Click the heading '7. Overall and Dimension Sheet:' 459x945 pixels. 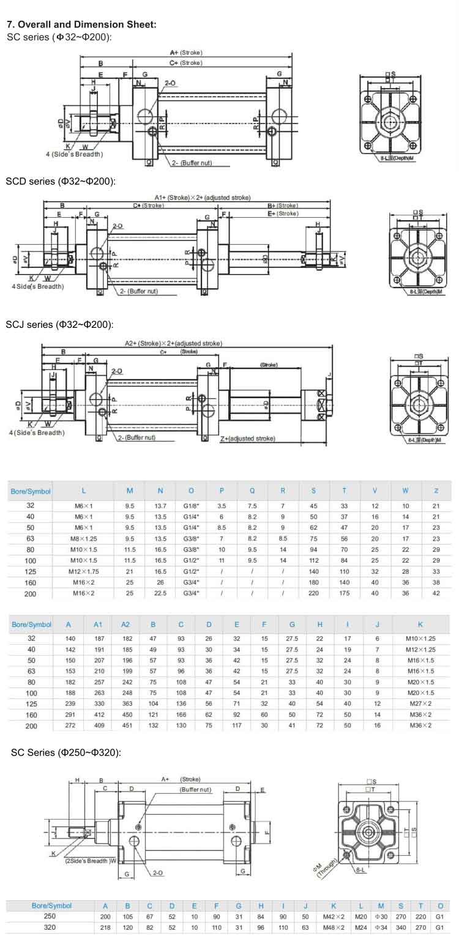click(x=81, y=25)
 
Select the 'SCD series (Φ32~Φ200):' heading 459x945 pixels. click(x=61, y=182)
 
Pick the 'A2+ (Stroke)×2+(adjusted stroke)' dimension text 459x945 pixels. click(x=173, y=343)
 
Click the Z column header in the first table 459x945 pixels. click(x=436, y=491)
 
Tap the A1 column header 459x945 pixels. click(x=98, y=624)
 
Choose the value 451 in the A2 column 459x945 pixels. click(x=125, y=725)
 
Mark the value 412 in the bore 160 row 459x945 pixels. click(x=98, y=714)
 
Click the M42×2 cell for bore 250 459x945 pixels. click(x=334, y=917)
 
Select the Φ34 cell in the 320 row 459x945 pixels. click(x=381, y=928)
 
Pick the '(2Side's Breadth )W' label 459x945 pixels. click(x=91, y=861)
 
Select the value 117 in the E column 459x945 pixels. click(x=236, y=725)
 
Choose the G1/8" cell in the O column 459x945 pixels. click(x=191, y=506)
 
